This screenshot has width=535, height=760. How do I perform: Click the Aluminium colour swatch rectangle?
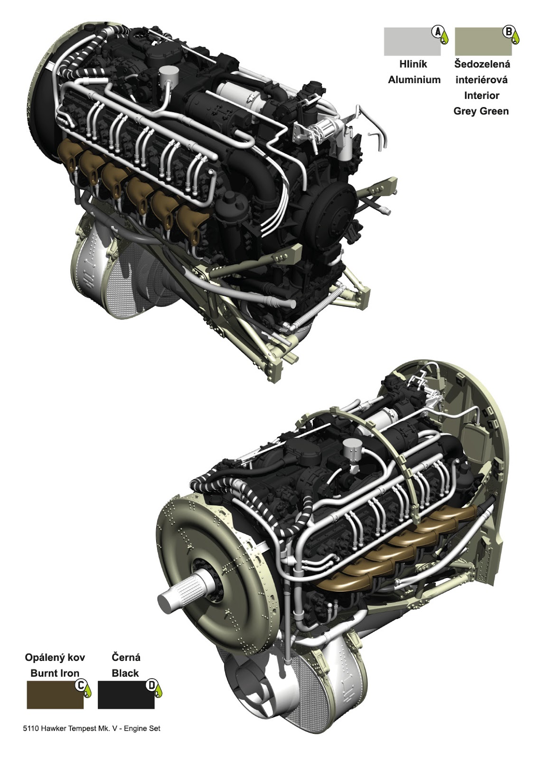412,42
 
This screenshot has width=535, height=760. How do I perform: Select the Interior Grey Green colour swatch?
483,42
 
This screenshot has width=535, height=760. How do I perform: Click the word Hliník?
413,64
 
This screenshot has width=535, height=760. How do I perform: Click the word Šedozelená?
482,64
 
